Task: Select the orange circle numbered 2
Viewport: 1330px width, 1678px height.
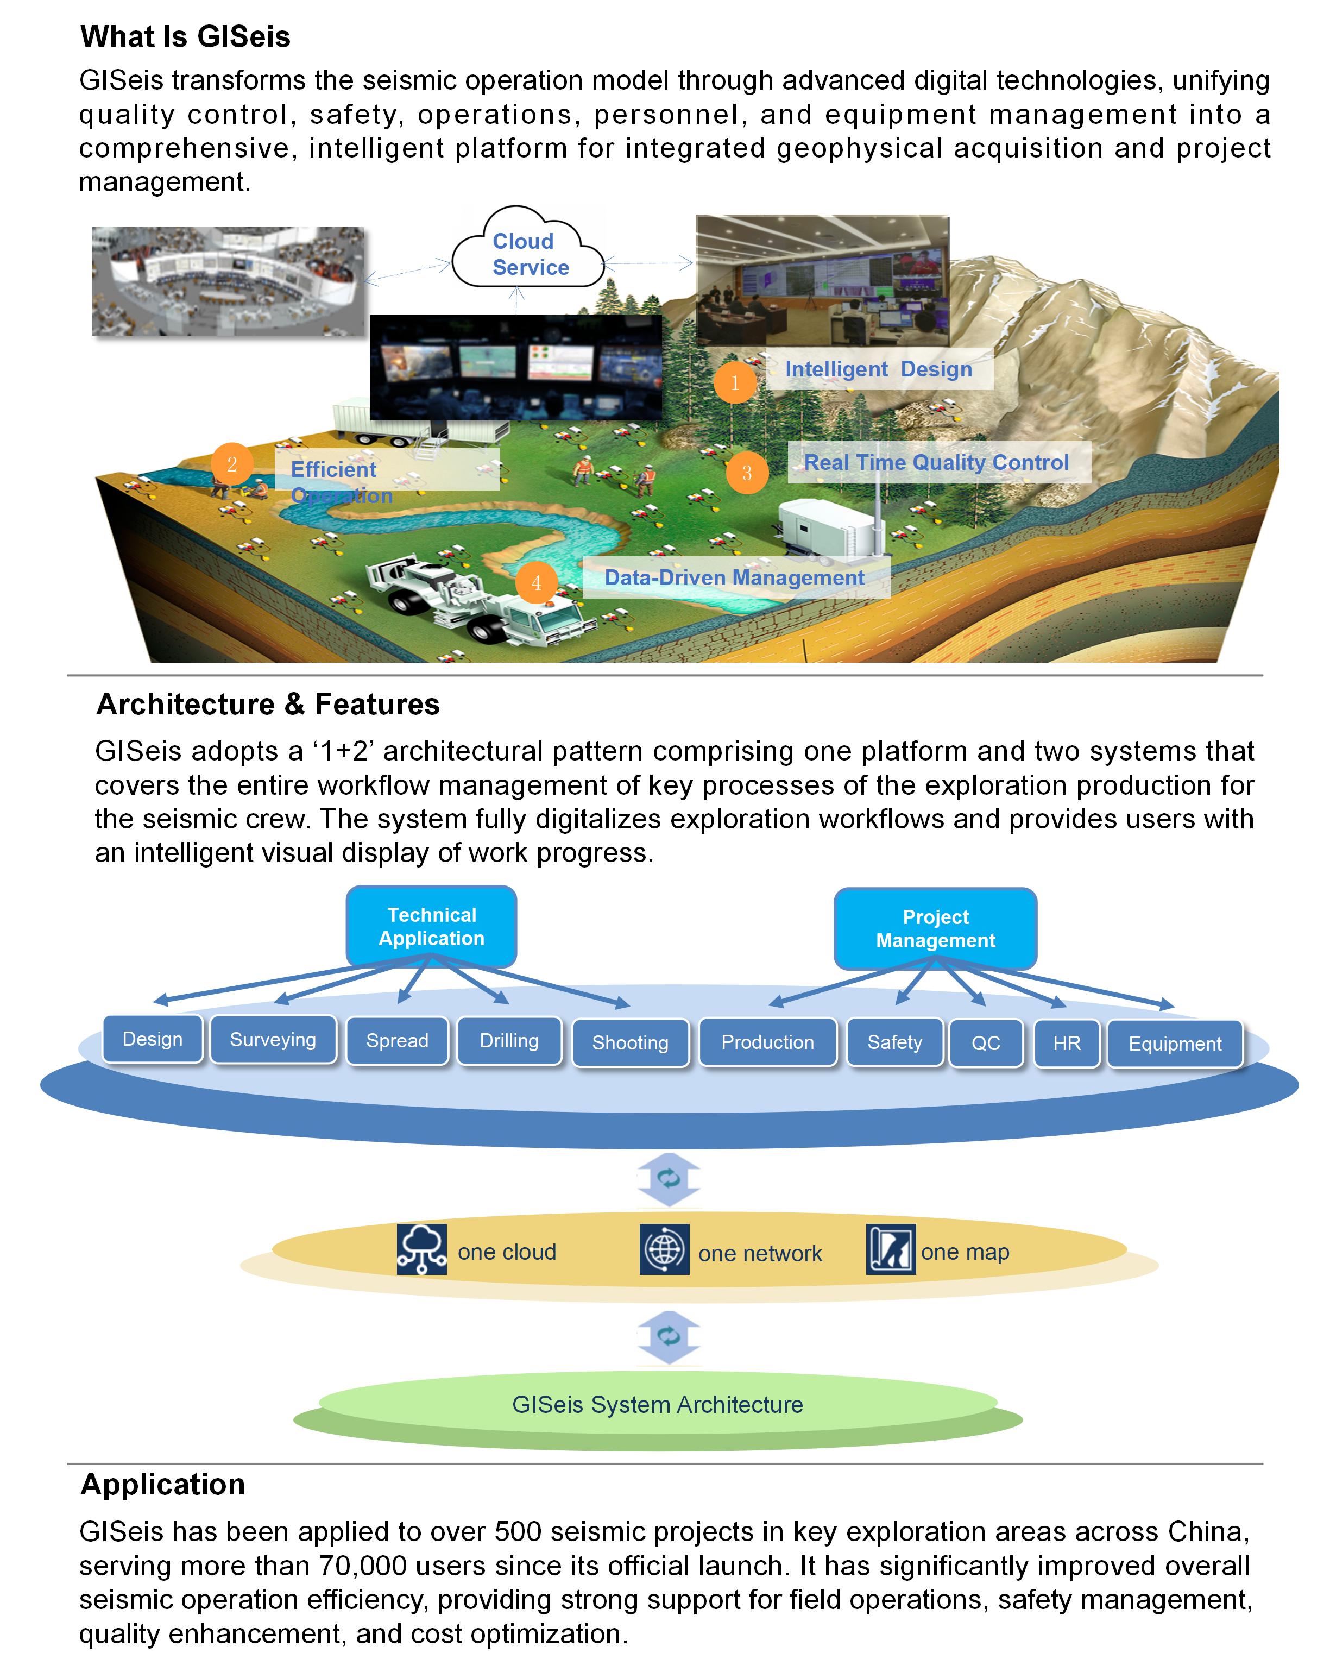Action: (x=231, y=464)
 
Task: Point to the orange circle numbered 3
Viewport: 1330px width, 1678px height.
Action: (x=746, y=473)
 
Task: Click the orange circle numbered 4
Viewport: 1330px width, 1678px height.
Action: (x=535, y=582)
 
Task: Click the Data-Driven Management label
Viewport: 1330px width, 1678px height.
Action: (x=735, y=577)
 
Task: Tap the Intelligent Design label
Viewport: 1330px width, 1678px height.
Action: (x=879, y=369)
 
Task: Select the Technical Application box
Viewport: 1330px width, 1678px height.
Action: (x=431, y=926)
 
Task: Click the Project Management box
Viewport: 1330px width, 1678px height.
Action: (x=935, y=928)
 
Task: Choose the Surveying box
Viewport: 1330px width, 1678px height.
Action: (x=273, y=1039)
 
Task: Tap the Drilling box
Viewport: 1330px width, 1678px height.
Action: (x=509, y=1041)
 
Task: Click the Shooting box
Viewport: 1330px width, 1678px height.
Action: (x=631, y=1043)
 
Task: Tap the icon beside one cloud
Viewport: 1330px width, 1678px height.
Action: (x=422, y=1249)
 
